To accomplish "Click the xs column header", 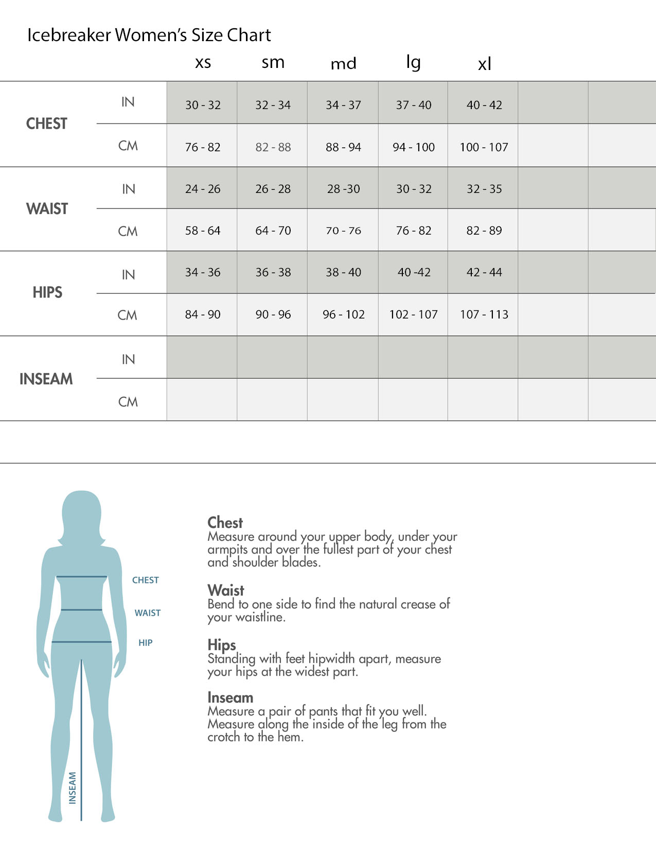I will click(203, 62).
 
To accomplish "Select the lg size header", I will click(413, 62).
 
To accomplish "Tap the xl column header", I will click(484, 64).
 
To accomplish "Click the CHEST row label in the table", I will click(47, 123).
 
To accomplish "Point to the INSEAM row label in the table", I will click(46, 379).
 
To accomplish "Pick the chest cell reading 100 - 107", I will click(484, 147).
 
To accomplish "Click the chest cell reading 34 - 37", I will click(343, 105).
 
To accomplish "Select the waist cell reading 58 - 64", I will click(203, 231).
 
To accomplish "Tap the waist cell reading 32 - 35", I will click(484, 189).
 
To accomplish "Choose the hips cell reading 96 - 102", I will click(343, 314).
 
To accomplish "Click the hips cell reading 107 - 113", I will click(484, 314).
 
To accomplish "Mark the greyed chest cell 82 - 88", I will click(273, 147).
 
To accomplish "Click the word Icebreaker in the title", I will click(69, 35).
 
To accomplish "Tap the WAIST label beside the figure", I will click(148, 613).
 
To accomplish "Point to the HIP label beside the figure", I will click(146, 643).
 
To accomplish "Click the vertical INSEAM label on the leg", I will click(73, 787).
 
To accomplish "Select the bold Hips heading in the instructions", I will click(222, 645).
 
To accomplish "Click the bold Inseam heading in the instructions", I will click(231, 698).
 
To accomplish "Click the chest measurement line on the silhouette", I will click(81, 577).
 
